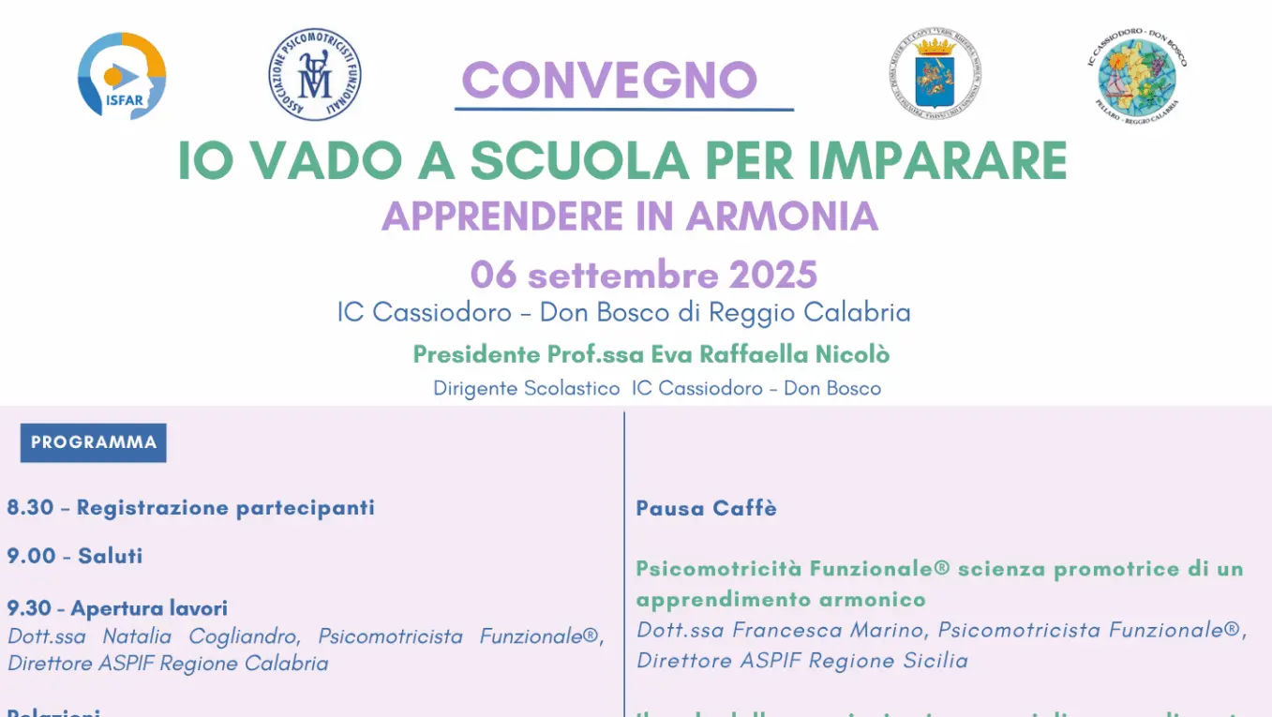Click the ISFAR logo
click(x=122, y=76)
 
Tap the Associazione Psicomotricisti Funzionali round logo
click(x=314, y=74)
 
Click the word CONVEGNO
click(x=609, y=81)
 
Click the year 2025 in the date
click(x=773, y=276)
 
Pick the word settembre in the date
click(x=622, y=276)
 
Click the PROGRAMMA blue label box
click(x=93, y=442)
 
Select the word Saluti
click(x=111, y=556)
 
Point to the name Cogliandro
click(x=244, y=636)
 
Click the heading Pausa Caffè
click(x=706, y=508)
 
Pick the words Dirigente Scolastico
click(x=526, y=388)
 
